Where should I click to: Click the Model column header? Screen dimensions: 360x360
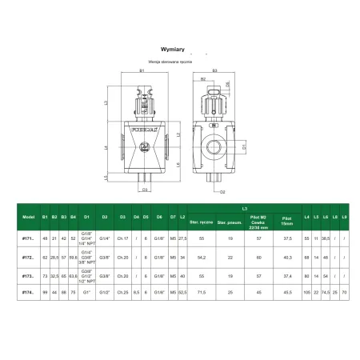(x=28, y=217)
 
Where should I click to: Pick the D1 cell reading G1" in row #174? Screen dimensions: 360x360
(x=85, y=292)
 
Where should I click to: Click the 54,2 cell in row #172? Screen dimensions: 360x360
(x=201, y=257)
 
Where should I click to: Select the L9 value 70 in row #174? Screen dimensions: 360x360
(x=344, y=292)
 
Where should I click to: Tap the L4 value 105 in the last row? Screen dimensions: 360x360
(x=306, y=292)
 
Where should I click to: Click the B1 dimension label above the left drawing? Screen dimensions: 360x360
(x=142, y=72)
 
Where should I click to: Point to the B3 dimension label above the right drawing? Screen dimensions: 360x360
(x=215, y=72)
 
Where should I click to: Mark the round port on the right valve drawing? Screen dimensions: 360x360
(x=215, y=148)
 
